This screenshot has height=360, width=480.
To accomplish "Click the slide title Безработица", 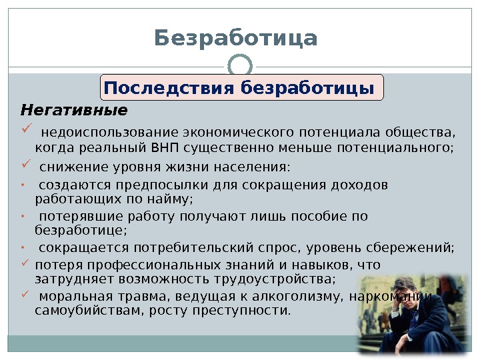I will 236,38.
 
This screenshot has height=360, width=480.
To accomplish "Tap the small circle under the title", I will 239,67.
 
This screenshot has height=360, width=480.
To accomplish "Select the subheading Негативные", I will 74,109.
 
